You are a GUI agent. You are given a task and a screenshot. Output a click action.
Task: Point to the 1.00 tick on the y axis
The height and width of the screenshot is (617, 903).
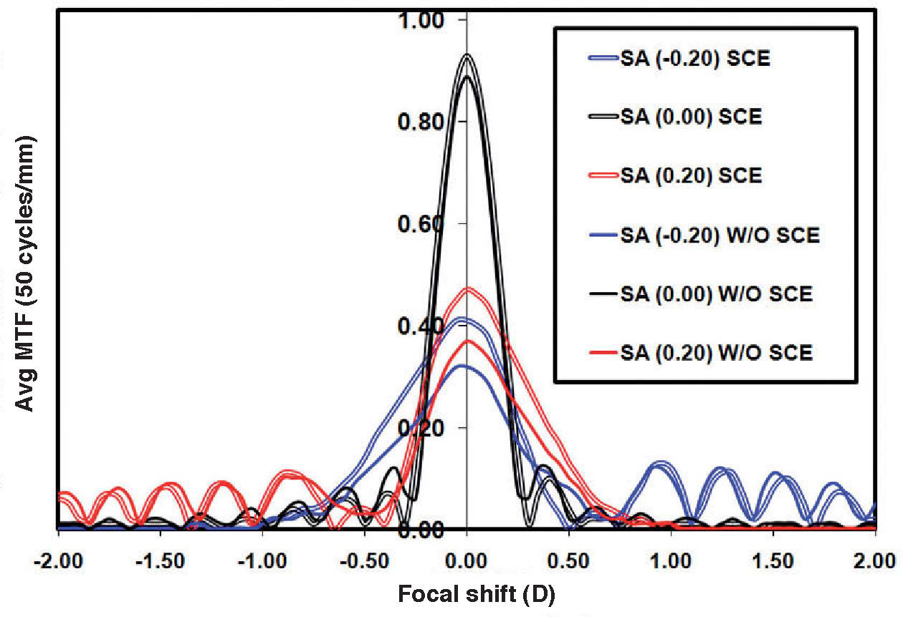click(x=428, y=19)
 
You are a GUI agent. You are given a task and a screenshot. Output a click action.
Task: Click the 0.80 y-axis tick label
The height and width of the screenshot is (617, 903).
click(x=428, y=121)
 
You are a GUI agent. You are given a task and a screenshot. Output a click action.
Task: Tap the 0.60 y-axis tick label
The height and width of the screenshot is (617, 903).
click(x=428, y=223)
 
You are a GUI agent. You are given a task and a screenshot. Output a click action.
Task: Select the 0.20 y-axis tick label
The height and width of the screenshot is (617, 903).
click(x=428, y=427)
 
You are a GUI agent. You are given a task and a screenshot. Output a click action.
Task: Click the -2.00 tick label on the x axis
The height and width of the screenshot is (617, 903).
click(x=57, y=559)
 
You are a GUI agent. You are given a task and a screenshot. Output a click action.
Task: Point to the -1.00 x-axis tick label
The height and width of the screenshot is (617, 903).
click(x=262, y=559)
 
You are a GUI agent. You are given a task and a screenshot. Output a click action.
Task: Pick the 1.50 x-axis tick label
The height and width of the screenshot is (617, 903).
click(x=773, y=559)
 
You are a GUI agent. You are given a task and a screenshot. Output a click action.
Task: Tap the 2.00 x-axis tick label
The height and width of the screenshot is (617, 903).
click(x=875, y=559)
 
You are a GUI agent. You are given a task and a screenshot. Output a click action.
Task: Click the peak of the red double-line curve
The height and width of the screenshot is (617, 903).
click(x=467, y=288)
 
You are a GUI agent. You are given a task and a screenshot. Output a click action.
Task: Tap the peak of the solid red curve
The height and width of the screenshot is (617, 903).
click(x=468, y=341)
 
